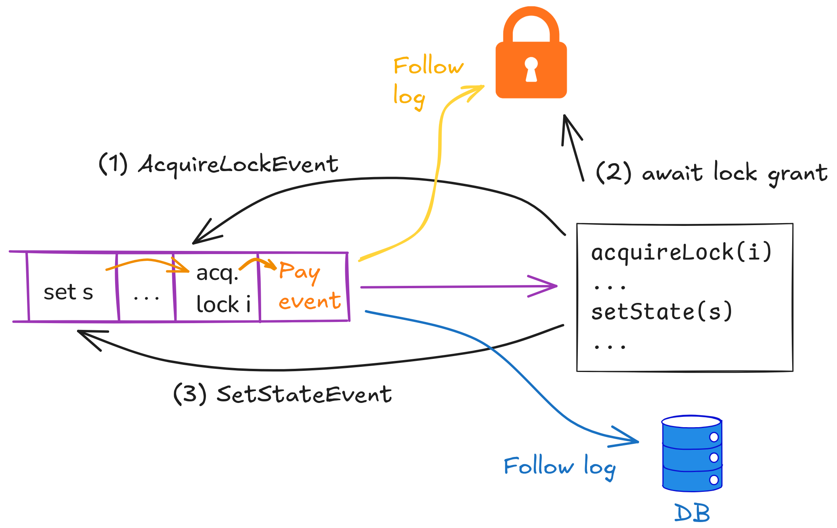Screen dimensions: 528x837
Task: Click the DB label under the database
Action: [x=692, y=513]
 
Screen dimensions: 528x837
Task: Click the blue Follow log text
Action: [x=560, y=467]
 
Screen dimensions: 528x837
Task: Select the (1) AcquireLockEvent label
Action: [x=218, y=164]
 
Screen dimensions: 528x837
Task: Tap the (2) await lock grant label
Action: [x=711, y=173]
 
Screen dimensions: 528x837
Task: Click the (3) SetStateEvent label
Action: [x=283, y=395]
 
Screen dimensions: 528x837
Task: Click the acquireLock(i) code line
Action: [x=681, y=252]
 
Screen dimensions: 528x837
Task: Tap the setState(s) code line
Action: [x=661, y=312]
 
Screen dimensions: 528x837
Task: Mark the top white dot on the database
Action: [x=714, y=437]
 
